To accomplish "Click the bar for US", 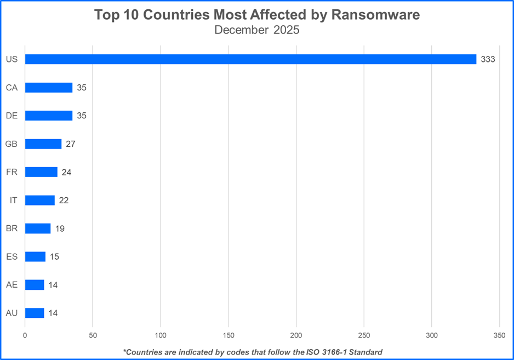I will pos(250,59).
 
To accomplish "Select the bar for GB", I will pos(43,144).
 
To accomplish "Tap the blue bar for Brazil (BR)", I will pos(38,228).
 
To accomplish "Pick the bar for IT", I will pos(40,201).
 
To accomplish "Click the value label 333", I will pos(488,59).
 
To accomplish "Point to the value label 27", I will pos(70,144).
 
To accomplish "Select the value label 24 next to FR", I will pos(67,172).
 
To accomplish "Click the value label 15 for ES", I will pos(54,257).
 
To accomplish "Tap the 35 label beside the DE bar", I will pos(81,116).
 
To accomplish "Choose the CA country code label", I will pos(12,88).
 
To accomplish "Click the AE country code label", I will pos(12,285).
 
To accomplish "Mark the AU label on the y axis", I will pos(12,313).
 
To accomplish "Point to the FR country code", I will pos(12,172).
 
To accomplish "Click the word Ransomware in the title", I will pos(375,15).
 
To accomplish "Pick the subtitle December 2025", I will pos(257,30).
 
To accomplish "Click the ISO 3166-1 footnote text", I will pos(253,351).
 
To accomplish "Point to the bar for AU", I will pos(35,313).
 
